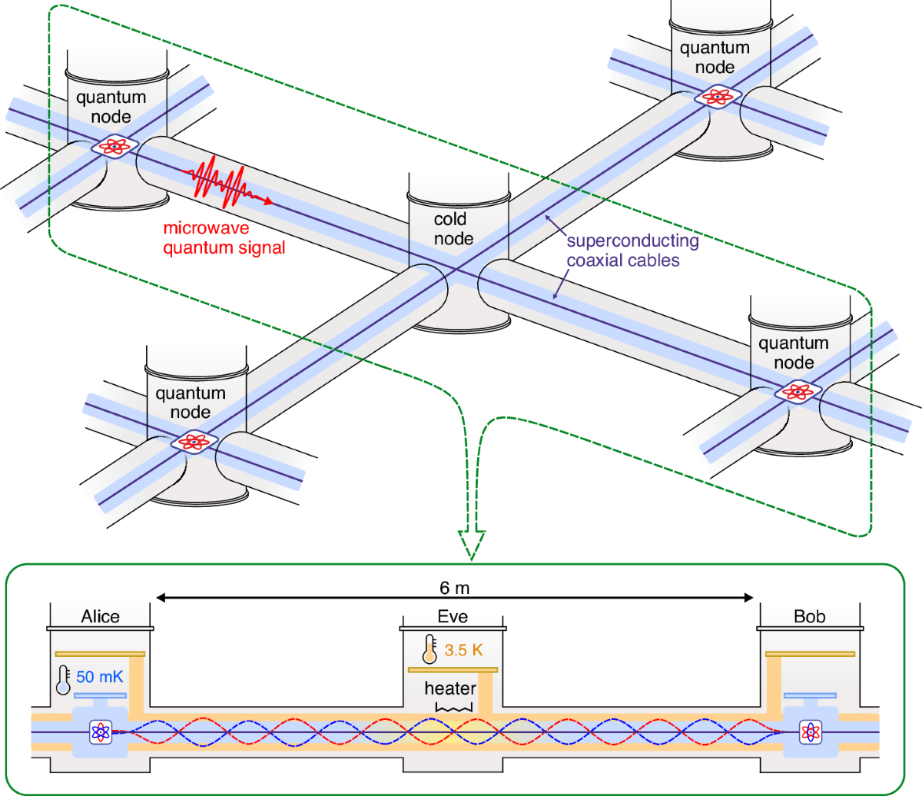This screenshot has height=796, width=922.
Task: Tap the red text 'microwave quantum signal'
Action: pos(224,238)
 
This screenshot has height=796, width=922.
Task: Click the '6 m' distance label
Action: pos(454,589)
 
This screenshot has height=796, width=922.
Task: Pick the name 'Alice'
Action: pos(101,617)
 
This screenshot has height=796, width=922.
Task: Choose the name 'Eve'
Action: pos(453,617)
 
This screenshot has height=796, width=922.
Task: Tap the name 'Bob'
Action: pos(809,617)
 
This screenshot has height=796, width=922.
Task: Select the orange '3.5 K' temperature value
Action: pos(464,651)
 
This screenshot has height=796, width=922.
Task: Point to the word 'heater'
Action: pos(450,688)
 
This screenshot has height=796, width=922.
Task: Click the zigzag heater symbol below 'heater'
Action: pos(451,706)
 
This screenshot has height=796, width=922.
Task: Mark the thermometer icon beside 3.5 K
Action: pos(429,650)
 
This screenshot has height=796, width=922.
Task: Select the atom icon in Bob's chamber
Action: pos(810,731)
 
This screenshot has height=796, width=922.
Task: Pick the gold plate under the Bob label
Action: pos(810,654)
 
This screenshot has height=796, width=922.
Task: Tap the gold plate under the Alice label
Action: pos(101,654)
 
